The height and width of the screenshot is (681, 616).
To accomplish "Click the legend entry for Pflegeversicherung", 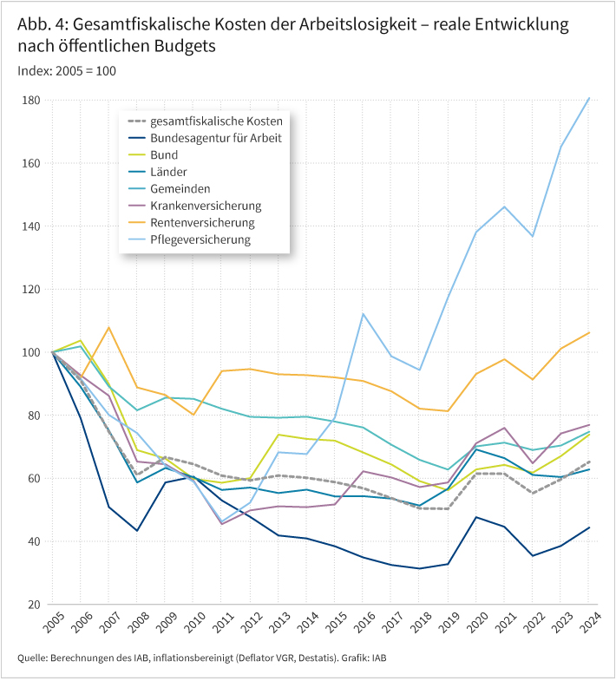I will (x=200, y=239).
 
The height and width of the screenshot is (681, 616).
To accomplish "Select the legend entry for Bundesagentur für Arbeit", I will (x=215, y=138).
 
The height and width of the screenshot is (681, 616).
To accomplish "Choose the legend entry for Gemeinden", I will (x=180, y=188).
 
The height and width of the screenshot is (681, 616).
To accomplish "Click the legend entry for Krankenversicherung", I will (x=206, y=206).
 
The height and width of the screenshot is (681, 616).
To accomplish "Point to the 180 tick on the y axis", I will (x=32, y=101).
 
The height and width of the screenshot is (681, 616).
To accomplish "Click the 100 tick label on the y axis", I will (x=32, y=352).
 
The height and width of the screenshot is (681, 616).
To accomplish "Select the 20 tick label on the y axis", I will (x=35, y=605).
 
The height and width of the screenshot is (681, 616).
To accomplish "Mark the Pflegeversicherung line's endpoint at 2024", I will (x=589, y=98).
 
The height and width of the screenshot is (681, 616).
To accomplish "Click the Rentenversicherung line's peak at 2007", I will (x=108, y=328).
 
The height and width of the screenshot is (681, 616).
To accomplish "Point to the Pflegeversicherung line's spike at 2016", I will (x=363, y=314).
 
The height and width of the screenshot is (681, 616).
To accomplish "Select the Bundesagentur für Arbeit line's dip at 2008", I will (x=136, y=530).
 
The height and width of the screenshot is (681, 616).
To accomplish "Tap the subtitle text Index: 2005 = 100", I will (x=67, y=70).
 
